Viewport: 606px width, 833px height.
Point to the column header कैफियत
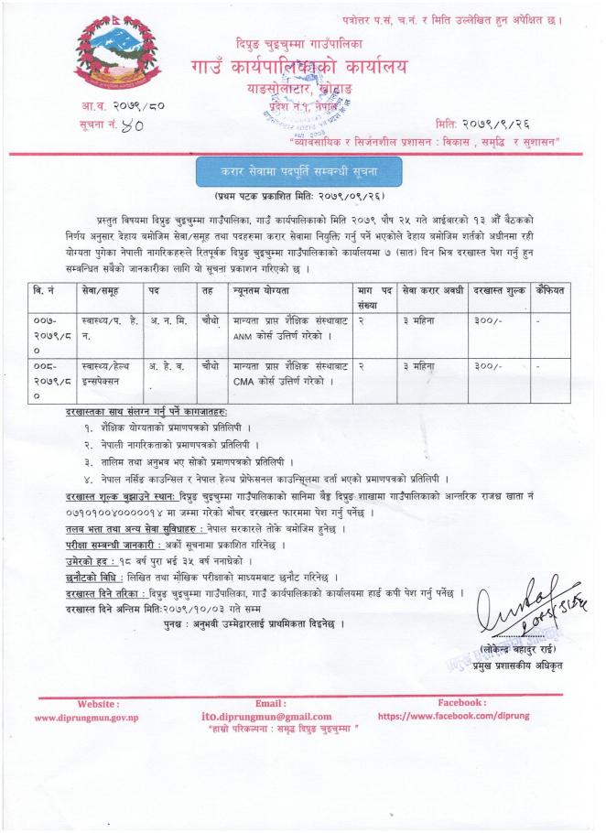click(554, 290)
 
